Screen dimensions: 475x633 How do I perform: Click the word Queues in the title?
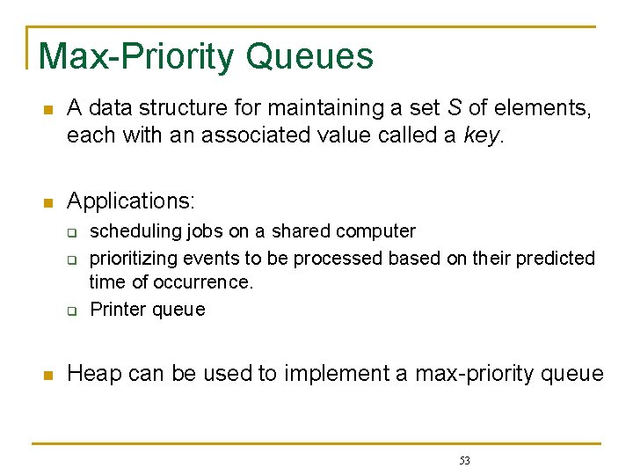(309, 56)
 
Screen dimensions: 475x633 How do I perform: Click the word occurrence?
(203, 282)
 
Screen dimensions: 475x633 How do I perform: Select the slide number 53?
(465, 461)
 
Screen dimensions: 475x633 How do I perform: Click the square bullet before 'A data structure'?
(48, 110)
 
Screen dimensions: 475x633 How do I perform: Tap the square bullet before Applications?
(48, 202)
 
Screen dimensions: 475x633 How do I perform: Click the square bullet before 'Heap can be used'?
(48, 376)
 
